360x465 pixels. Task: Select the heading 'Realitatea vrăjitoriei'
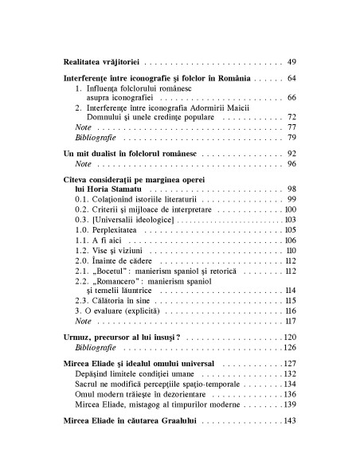[x=100, y=61]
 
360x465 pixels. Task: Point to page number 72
[x=291, y=116]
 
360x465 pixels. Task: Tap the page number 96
[x=291, y=163]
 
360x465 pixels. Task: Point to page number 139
[x=289, y=426]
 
